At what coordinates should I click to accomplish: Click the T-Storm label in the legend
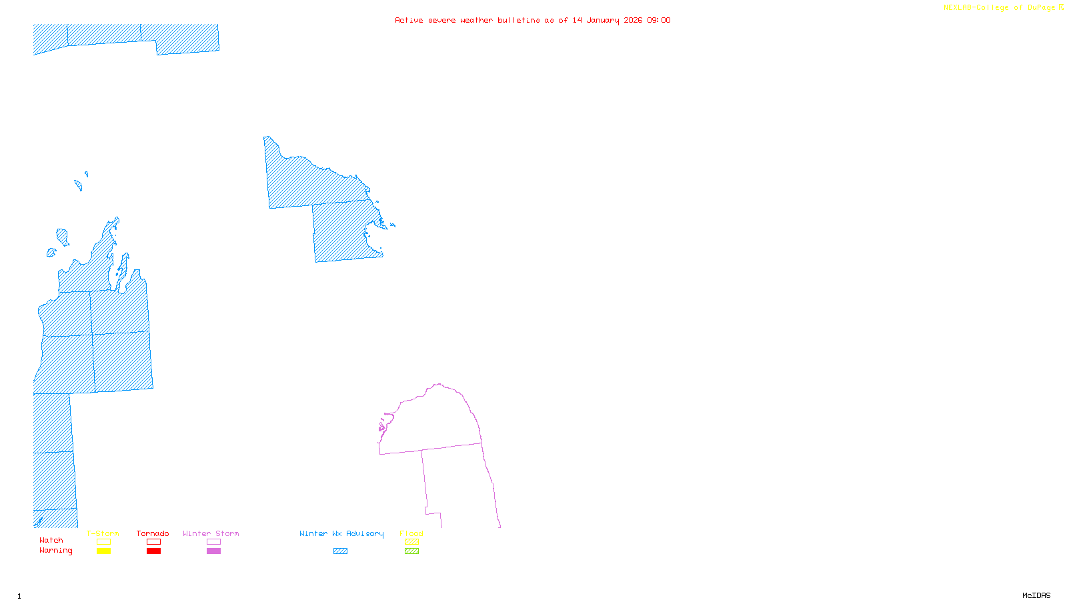click(103, 533)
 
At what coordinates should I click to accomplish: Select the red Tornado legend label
click(153, 533)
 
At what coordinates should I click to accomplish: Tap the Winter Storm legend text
click(211, 533)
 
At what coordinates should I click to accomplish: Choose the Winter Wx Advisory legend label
click(341, 533)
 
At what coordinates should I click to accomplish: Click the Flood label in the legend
click(411, 533)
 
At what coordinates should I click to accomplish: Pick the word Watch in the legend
click(51, 540)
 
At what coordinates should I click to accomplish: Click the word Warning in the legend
click(55, 551)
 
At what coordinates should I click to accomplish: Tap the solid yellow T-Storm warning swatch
click(103, 551)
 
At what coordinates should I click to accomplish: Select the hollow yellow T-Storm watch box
click(103, 542)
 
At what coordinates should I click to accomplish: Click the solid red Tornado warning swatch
click(153, 551)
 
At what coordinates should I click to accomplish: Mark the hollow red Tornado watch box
click(153, 542)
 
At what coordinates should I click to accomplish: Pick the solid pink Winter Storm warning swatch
click(213, 551)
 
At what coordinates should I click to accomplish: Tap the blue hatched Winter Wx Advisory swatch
click(340, 551)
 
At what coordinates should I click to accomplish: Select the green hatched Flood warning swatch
click(411, 551)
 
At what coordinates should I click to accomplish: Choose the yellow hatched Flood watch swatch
click(411, 542)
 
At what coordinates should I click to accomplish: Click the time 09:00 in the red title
click(659, 20)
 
